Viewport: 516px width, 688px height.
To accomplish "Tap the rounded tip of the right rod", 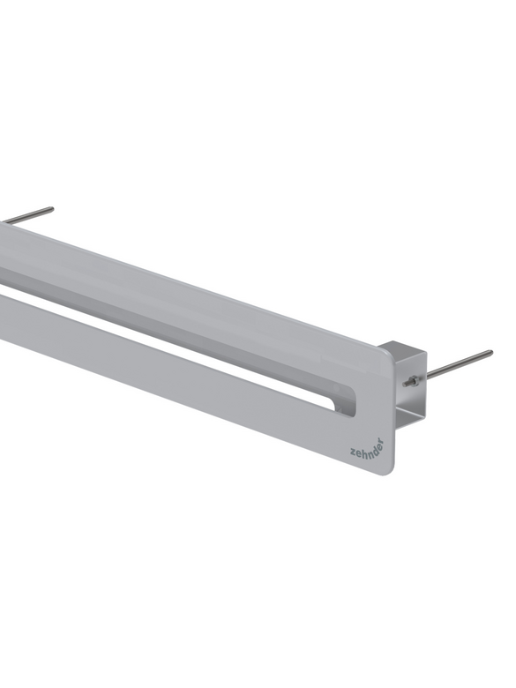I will pyautogui.click(x=490, y=354).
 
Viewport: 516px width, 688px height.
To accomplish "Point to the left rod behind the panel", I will pyautogui.click(x=26, y=216).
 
